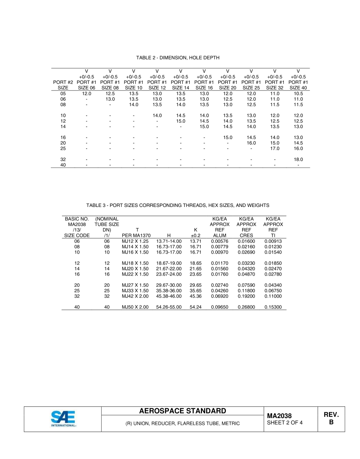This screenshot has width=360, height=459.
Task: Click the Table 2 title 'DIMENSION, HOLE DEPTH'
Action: (178, 58)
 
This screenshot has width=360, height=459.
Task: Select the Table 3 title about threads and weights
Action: (178, 205)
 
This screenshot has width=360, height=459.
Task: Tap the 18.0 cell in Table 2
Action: (298, 160)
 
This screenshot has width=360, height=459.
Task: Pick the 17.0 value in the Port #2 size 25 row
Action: (275, 149)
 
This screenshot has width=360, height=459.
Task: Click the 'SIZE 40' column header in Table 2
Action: (298, 88)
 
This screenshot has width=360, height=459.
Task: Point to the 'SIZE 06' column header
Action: (86, 88)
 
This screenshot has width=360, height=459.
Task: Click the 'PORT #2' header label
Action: (63, 82)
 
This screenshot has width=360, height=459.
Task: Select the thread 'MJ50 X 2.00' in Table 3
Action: (135, 307)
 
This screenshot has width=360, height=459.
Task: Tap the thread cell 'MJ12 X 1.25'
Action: (135, 241)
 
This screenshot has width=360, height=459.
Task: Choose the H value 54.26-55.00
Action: (169, 307)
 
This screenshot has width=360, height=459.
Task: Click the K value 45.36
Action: (196, 296)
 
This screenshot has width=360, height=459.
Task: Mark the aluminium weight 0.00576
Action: (220, 241)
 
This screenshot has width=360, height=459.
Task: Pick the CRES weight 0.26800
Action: (246, 307)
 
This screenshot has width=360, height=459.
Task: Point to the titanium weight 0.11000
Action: (273, 296)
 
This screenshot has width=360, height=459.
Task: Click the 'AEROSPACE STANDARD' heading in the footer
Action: (183, 411)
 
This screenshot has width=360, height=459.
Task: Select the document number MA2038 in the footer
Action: (279, 416)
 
